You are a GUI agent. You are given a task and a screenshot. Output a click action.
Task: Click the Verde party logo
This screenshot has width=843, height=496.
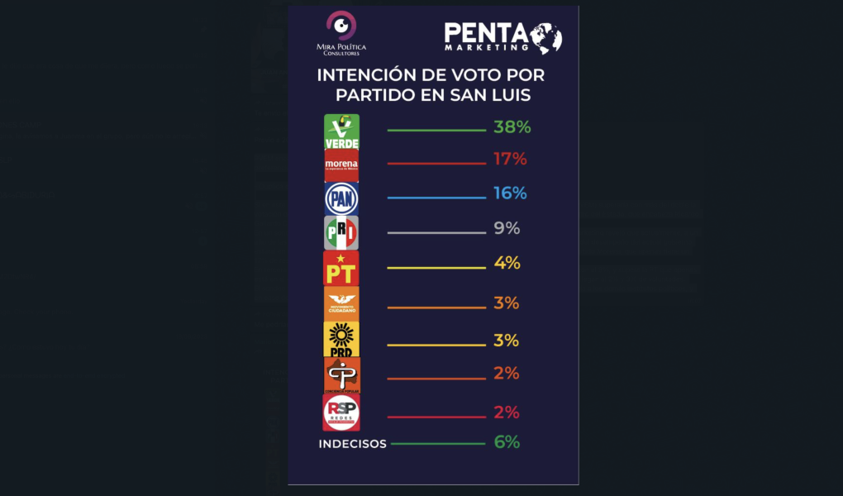pos(341,131)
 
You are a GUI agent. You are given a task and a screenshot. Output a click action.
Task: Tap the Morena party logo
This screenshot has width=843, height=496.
pos(341,165)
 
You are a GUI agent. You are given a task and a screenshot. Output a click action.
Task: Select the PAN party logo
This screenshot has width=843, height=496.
pos(341,198)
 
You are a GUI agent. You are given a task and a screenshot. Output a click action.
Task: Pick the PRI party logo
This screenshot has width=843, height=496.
pos(341,233)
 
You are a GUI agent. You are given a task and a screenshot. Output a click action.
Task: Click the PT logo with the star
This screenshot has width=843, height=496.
pos(341,268)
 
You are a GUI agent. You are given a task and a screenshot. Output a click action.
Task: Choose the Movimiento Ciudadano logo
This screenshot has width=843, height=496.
pos(341,303)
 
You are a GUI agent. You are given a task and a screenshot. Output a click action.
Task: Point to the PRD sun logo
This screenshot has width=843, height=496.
pos(341,339)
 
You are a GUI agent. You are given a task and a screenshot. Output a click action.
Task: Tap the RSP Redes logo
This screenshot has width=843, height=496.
pos(341,412)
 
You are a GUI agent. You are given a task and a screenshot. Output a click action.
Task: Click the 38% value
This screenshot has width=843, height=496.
pos(512,127)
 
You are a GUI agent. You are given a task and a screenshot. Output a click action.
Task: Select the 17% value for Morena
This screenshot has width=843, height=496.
pos(510,159)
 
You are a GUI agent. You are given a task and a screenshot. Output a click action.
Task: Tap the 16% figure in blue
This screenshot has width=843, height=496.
pos(510,193)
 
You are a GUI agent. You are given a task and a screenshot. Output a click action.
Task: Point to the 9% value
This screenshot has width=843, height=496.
pos(507,229)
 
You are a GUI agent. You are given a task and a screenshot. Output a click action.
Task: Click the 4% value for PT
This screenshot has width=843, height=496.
pos(507,264)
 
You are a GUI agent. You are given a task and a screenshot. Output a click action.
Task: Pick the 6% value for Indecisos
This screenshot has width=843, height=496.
pos(507,442)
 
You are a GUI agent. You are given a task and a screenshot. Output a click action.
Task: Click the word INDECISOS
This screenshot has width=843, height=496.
pos(353,444)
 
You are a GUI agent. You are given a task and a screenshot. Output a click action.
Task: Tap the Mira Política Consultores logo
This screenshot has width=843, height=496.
pos(341,33)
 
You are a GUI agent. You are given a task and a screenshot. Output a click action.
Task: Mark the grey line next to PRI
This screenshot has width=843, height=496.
pos(436,233)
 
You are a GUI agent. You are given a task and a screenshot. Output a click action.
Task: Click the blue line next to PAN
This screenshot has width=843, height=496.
pos(436,198)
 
